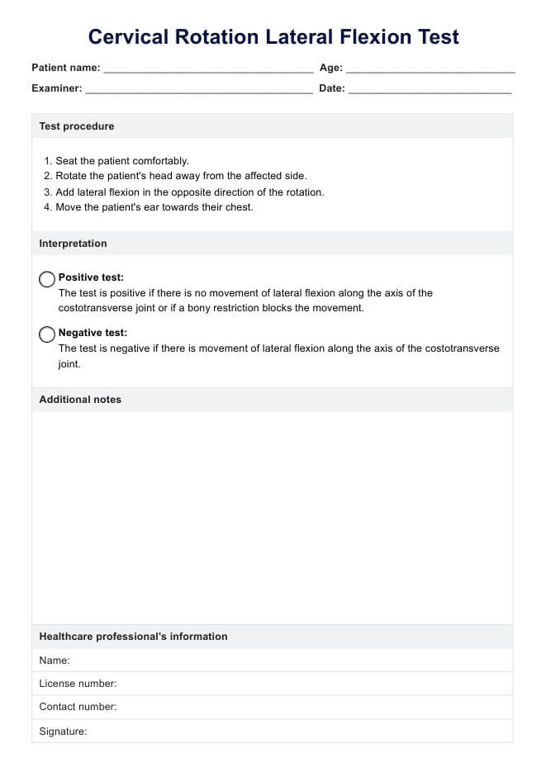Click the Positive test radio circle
pos(47,279)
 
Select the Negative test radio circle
pos(47,334)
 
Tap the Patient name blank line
pos(208,70)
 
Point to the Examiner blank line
pos(198,90)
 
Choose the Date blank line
pos(430,90)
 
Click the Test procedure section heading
pos(77,126)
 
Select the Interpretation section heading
pos(73,244)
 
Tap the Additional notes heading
pos(80,400)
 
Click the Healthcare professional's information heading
pos(133,637)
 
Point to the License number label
pos(78,684)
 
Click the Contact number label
pos(78,707)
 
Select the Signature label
pos(63,732)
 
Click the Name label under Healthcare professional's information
pos(55,661)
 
